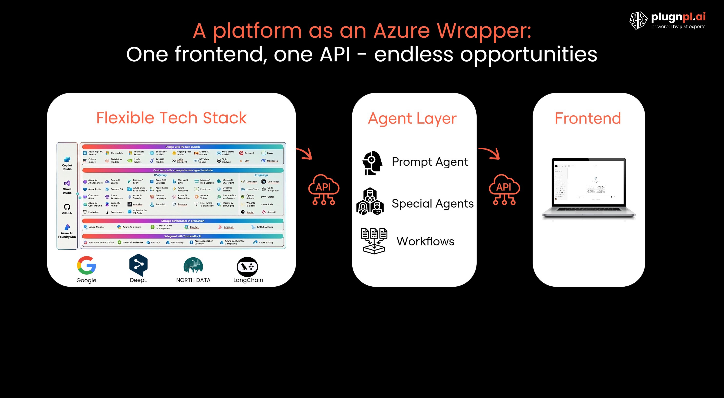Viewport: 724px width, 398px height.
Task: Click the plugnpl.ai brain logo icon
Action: point(638,20)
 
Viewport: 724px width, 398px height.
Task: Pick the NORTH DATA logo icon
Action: point(193,266)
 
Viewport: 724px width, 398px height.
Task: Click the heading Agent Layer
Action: point(412,118)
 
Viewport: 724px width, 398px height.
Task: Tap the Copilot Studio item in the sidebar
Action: point(67,163)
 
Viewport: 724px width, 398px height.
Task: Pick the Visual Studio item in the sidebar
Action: point(67,187)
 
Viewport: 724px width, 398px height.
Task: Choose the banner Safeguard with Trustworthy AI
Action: point(183,236)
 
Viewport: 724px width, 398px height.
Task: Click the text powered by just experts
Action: point(678,27)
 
